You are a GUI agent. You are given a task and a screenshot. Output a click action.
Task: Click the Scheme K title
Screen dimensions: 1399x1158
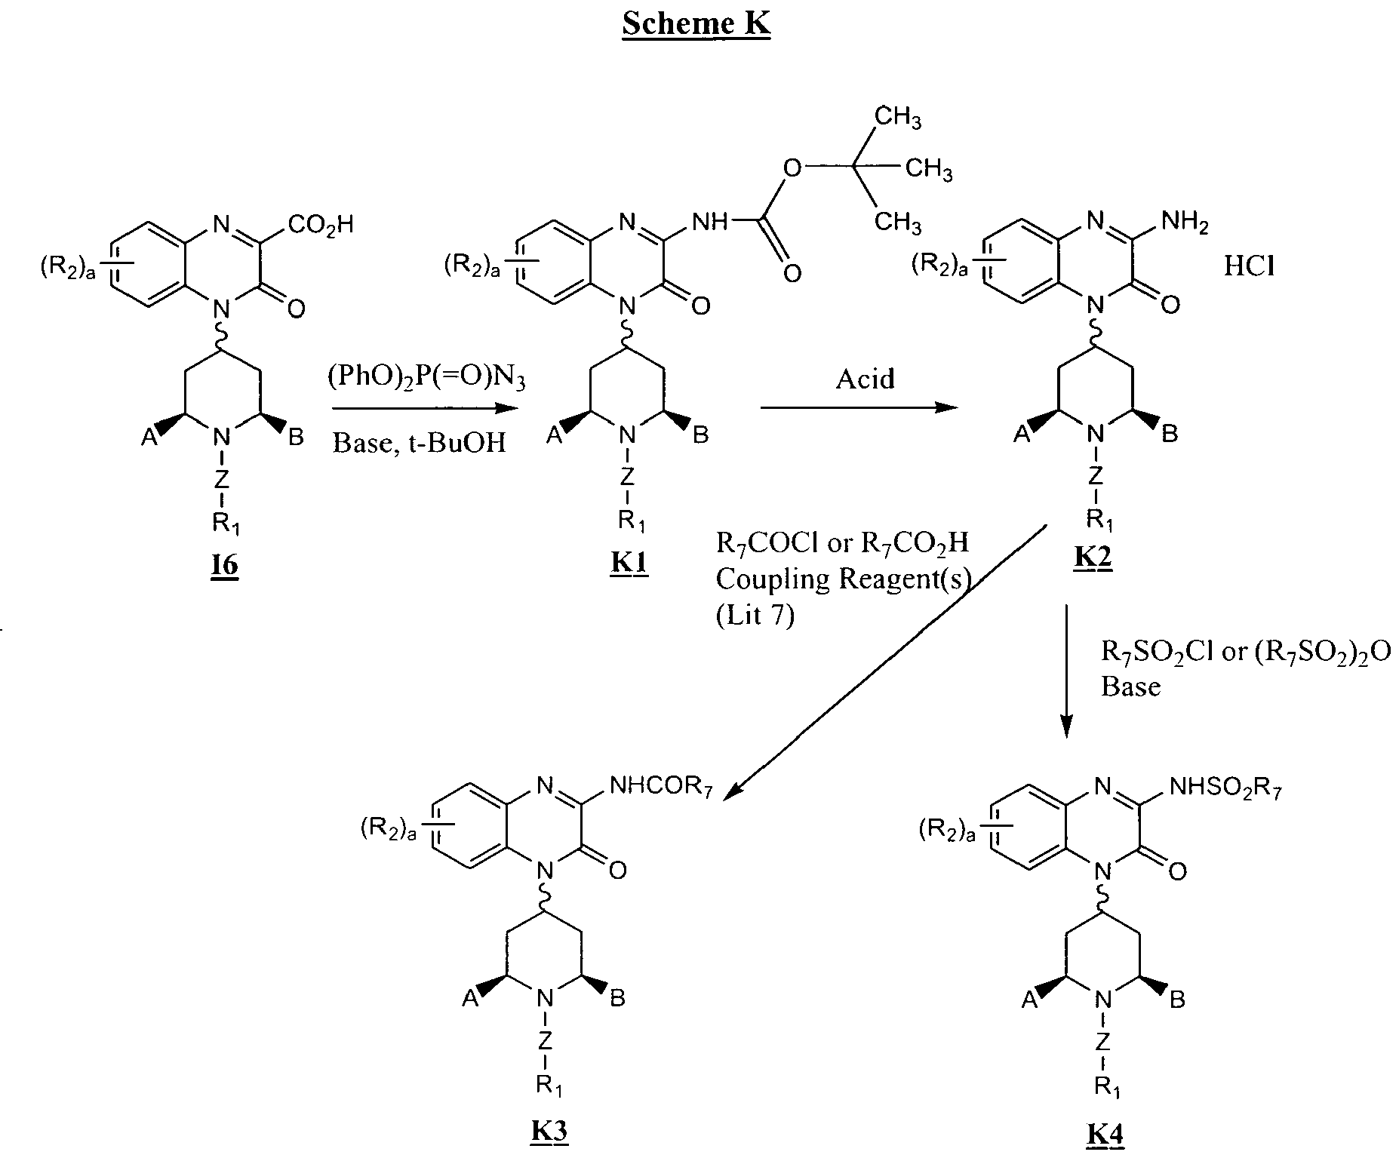click(x=696, y=25)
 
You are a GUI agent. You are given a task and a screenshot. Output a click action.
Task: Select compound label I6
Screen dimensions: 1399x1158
click(x=224, y=564)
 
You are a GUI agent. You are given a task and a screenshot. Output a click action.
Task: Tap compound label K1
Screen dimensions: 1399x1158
click(x=629, y=561)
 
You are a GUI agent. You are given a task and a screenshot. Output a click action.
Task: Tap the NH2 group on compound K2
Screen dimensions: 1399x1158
click(x=1184, y=222)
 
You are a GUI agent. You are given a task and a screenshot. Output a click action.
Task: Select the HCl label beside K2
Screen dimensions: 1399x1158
click(x=1249, y=267)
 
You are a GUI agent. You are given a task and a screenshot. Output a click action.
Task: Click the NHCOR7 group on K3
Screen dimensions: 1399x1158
click(x=661, y=788)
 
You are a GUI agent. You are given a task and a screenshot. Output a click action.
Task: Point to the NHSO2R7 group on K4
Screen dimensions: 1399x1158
click(x=1225, y=788)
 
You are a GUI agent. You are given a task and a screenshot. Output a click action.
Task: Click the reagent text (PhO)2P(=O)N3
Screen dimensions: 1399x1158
click(x=426, y=377)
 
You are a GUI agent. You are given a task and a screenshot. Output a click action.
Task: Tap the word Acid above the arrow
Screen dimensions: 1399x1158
click(x=865, y=377)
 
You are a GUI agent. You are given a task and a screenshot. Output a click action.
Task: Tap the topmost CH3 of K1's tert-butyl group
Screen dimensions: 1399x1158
click(x=897, y=118)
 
